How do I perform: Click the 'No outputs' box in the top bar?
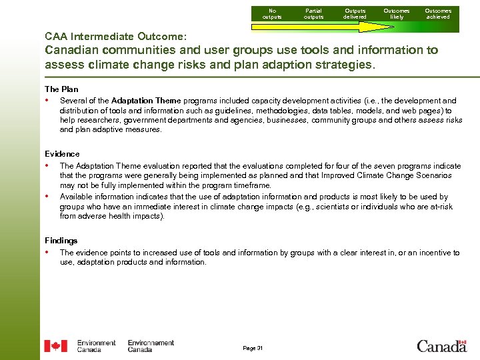272,13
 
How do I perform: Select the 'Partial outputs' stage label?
313,13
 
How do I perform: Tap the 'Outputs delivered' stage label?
355,13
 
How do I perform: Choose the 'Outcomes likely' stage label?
397,13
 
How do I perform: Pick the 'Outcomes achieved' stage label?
438,13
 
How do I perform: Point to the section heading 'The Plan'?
61,89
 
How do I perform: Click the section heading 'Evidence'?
62,154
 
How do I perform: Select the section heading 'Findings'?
61,241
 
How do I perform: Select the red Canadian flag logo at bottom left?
55,346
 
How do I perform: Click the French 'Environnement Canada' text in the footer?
151,346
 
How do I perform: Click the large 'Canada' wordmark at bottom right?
441,345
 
